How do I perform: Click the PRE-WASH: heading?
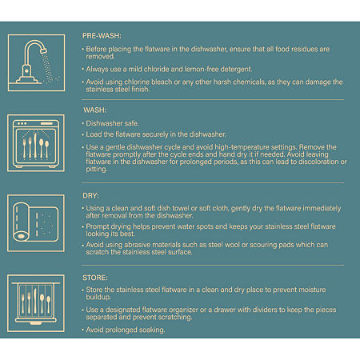(102, 35)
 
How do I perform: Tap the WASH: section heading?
(94, 110)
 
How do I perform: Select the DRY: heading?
(90, 195)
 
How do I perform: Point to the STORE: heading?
(95, 278)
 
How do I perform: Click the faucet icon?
(36, 63)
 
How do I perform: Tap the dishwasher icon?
(36, 143)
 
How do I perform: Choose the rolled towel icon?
(36, 223)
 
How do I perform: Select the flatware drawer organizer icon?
(36, 303)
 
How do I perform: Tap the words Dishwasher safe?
(112, 123)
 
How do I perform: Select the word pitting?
(96, 169)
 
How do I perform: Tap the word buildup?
(98, 297)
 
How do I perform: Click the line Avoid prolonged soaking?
(126, 330)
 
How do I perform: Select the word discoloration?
(319, 162)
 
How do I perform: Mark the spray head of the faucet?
(43, 50)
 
